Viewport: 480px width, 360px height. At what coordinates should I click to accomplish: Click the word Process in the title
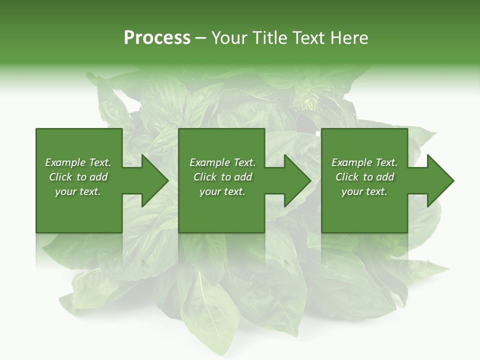(157, 38)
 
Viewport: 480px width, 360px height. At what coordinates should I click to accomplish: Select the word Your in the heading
(230, 38)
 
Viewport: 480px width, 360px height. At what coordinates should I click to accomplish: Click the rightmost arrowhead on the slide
(439, 180)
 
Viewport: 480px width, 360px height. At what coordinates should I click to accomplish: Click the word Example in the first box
(65, 162)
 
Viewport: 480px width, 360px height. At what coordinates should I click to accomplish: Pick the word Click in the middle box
(204, 177)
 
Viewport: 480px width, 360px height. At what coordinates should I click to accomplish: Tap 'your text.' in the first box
(78, 191)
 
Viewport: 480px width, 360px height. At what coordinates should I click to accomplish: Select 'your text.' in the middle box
(222, 191)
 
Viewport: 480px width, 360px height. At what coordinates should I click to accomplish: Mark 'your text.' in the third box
(364, 191)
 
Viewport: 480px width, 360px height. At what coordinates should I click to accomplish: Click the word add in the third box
(385, 177)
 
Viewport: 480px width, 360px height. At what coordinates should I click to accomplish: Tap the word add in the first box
(99, 177)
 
